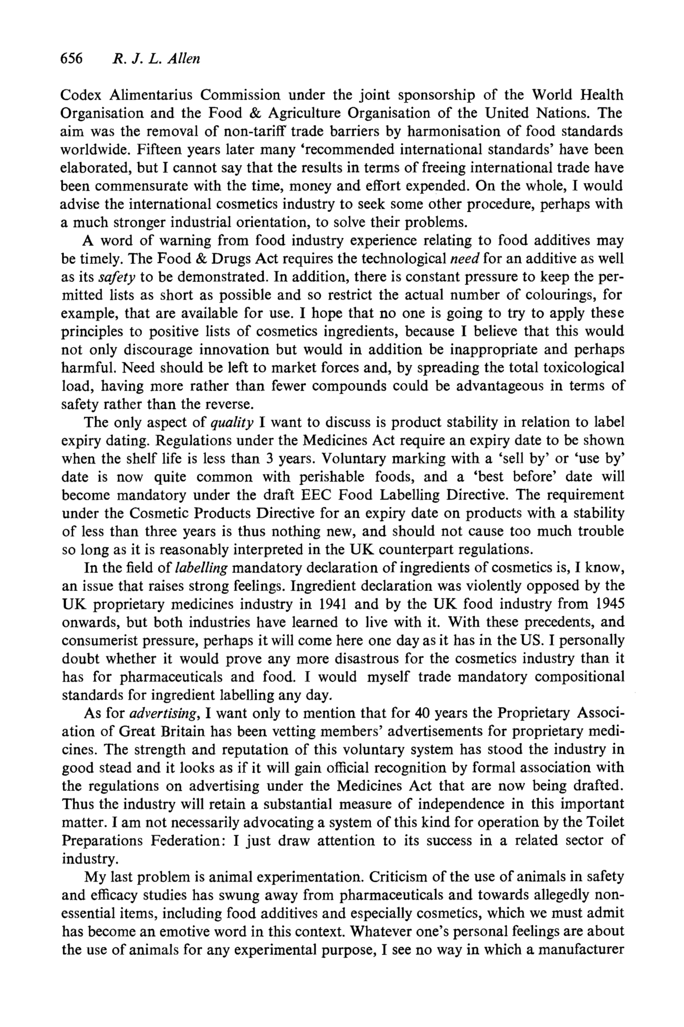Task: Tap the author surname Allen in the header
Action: tap(183, 58)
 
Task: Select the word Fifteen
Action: tap(159, 149)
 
